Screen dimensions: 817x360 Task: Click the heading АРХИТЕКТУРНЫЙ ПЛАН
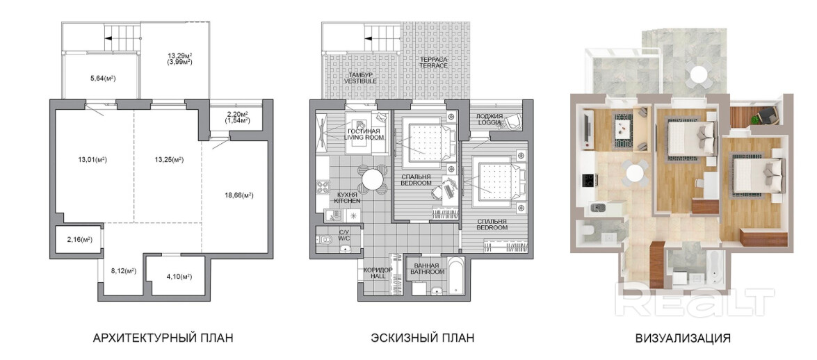click(163, 338)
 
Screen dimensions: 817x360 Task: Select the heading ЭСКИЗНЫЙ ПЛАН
click(423, 338)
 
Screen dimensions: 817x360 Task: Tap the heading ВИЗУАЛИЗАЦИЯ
click(683, 338)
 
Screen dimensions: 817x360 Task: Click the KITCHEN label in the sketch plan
click(344, 201)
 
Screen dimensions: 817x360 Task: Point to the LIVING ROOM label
click(365, 138)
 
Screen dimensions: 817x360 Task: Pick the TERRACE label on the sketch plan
click(435, 65)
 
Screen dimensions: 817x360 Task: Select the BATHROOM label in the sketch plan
click(427, 272)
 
